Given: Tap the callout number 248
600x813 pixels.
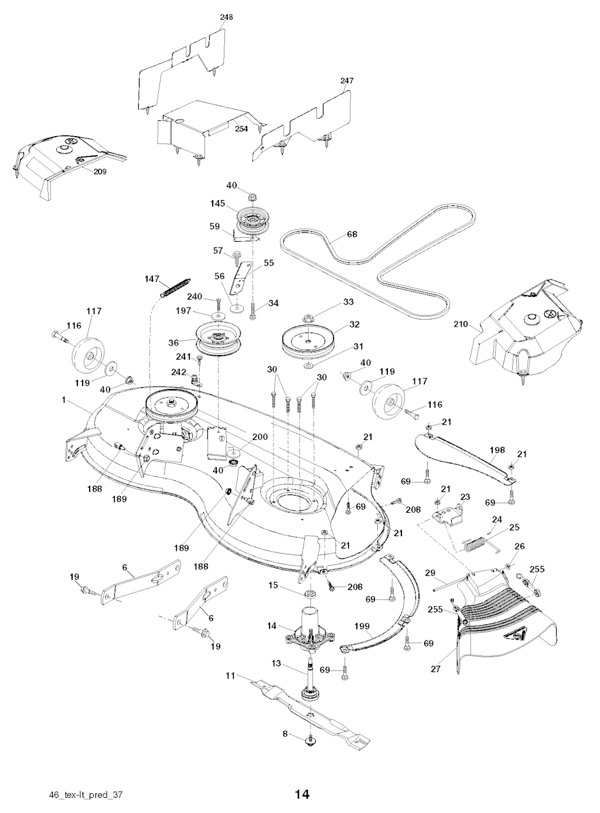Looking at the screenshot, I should [226, 18].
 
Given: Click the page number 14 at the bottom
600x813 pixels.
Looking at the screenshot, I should [302, 794].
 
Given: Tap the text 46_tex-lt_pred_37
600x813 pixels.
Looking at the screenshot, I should [86, 795].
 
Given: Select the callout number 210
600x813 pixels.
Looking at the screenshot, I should [461, 323].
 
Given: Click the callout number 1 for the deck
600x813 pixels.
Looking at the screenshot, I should [62, 399].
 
